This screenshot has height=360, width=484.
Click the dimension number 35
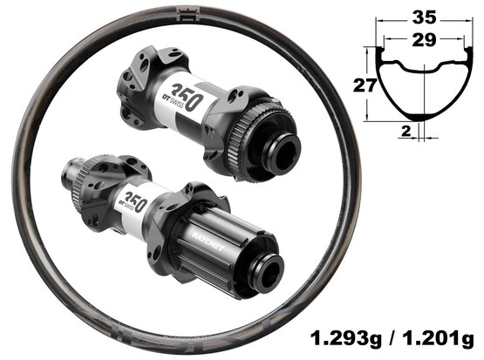[425, 17]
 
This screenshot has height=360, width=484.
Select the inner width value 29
[424, 40]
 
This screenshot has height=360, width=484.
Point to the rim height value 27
[365, 85]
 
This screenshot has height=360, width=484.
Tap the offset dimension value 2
[406, 131]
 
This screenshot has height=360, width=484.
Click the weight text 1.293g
[345, 339]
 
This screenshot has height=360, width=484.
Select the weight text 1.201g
[438, 339]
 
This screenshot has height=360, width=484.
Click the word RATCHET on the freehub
[208, 241]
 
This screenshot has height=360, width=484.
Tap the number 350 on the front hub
[187, 97]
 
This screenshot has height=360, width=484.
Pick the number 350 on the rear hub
[135, 200]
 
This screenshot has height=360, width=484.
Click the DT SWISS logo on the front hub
[174, 101]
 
